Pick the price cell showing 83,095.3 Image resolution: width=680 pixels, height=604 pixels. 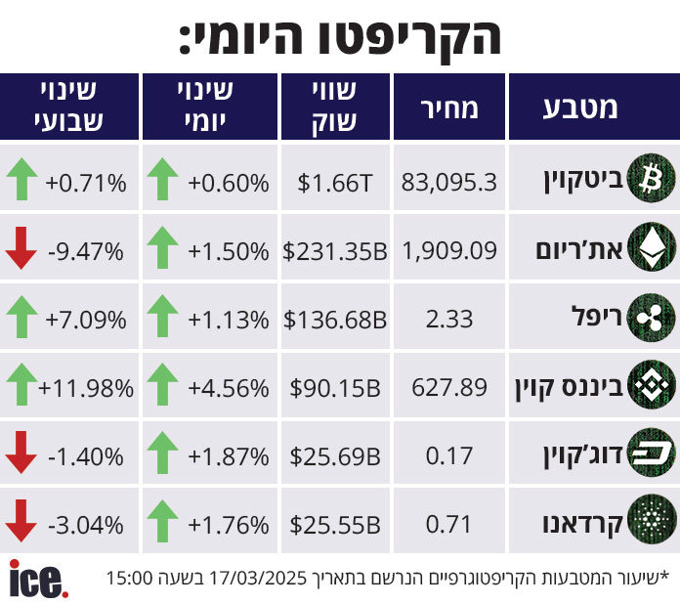pyautogui.click(x=449, y=182)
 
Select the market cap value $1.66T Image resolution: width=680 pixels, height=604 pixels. pyautogui.click(x=335, y=182)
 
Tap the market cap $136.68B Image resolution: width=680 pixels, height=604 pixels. pyautogui.click(x=335, y=319)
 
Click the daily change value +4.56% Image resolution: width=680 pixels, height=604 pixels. pyautogui.click(x=228, y=387)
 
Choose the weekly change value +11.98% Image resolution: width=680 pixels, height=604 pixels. pyautogui.click(x=86, y=387)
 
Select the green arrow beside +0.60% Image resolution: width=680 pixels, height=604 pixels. pyautogui.click(x=162, y=181)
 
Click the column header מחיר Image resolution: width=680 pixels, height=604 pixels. pyautogui.click(x=449, y=107)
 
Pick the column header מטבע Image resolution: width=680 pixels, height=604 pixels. pyautogui.click(x=580, y=107)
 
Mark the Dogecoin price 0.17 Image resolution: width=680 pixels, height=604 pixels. pyautogui.click(x=449, y=455)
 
